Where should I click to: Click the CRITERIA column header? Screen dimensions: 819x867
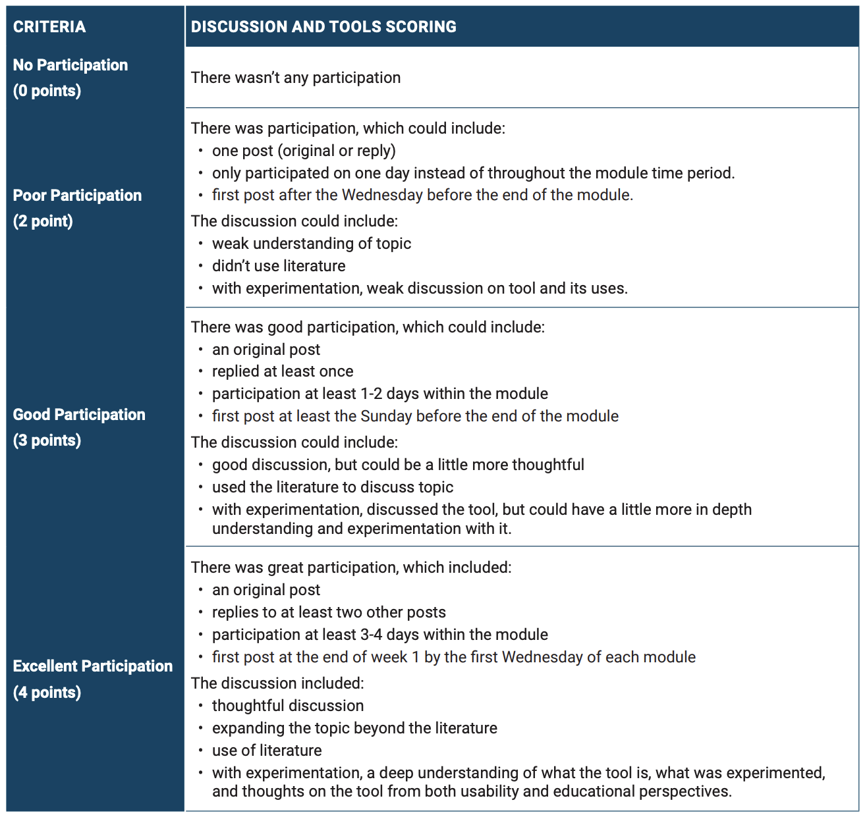(x=49, y=27)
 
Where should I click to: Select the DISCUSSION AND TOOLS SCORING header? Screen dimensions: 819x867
(x=323, y=27)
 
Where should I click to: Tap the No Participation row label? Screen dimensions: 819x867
(x=70, y=65)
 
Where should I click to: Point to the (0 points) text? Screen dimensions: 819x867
(x=47, y=91)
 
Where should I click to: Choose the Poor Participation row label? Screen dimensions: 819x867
(x=77, y=196)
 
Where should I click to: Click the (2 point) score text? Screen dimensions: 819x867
(x=43, y=221)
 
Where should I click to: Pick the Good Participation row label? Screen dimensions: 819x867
(x=79, y=415)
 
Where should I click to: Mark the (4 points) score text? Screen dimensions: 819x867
(x=47, y=693)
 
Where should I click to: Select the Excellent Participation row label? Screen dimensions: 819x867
(x=93, y=666)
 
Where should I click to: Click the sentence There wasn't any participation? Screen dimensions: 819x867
(x=296, y=78)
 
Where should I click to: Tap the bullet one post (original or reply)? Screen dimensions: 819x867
(x=304, y=151)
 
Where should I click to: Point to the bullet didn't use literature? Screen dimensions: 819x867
(x=279, y=266)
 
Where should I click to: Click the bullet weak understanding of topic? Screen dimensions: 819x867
(x=312, y=244)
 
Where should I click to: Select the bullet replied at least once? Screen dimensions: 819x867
(x=283, y=371)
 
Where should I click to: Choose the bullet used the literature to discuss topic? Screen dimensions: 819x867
(x=333, y=487)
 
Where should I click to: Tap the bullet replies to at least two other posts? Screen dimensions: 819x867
(x=329, y=612)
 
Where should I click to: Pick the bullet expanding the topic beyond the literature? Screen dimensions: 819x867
(x=354, y=728)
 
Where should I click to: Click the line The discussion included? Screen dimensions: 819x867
(x=277, y=683)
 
